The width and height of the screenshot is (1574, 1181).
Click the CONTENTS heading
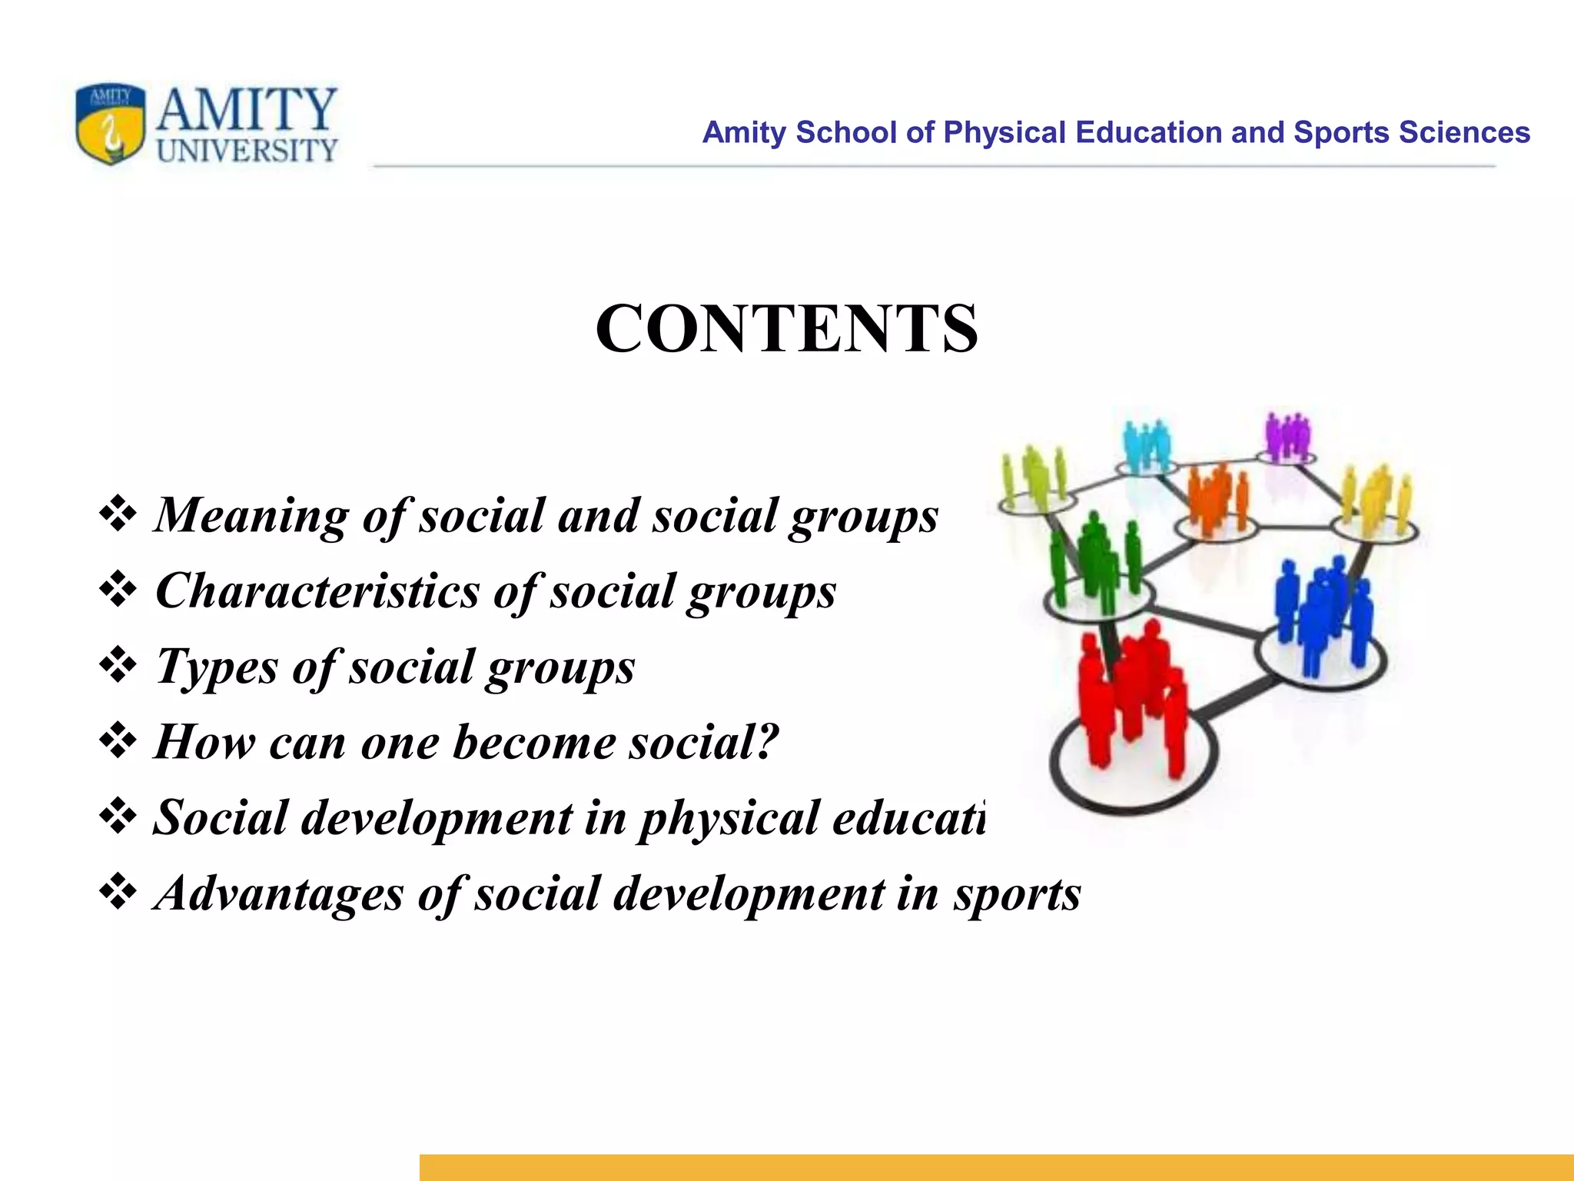(786, 329)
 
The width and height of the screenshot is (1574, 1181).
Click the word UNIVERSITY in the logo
(247, 151)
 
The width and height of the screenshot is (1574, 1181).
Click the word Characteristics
(317, 591)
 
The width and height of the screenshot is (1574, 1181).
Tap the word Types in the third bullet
(216, 667)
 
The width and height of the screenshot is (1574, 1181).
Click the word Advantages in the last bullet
(279, 893)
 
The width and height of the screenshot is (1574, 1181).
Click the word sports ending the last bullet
(1017, 893)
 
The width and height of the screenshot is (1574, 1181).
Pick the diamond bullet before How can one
(118, 741)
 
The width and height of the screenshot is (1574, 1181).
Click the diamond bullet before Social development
(118, 817)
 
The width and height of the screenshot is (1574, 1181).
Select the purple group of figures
(1287, 435)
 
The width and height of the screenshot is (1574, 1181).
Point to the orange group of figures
(1218, 496)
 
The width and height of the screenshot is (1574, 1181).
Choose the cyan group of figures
(1146, 444)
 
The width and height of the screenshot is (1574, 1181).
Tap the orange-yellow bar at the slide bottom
(996, 1166)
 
